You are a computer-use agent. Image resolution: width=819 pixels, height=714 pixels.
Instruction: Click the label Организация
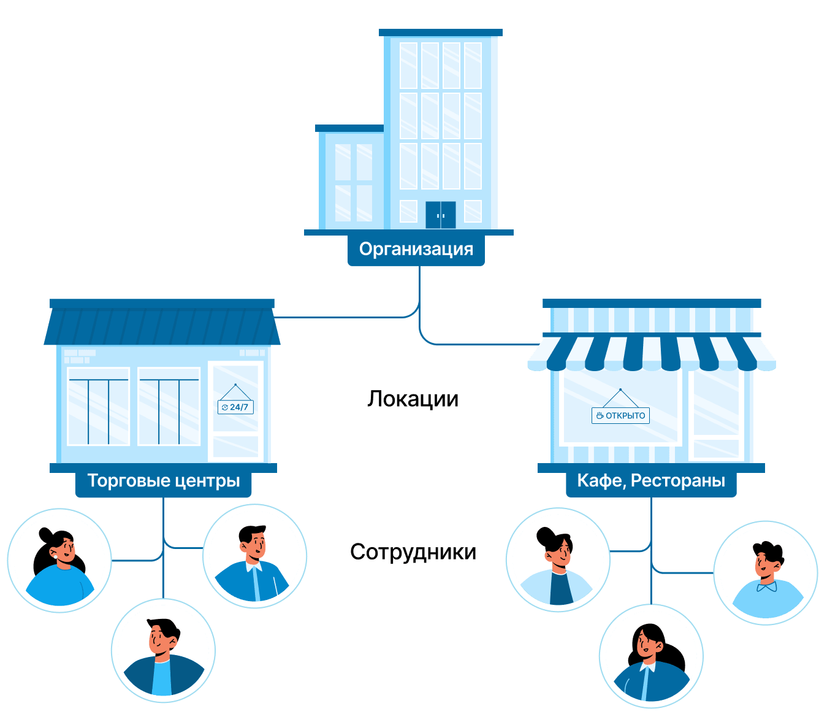coord(416,250)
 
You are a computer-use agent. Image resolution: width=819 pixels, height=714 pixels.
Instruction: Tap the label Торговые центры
coord(163,480)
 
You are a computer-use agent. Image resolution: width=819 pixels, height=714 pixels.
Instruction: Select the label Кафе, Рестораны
coord(651,480)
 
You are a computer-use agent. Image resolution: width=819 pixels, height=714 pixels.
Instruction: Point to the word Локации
coord(413,399)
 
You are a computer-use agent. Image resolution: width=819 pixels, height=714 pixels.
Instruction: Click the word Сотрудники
coord(413,552)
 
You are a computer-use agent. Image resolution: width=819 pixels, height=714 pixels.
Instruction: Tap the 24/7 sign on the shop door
coord(235,407)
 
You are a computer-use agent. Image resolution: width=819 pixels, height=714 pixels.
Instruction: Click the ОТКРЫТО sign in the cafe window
coord(620,415)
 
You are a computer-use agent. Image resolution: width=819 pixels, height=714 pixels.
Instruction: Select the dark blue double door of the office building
coord(440,215)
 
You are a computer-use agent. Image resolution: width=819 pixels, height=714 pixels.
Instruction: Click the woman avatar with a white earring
coord(59,560)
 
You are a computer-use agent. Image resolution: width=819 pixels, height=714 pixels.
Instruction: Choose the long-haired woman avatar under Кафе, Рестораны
coord(651,657)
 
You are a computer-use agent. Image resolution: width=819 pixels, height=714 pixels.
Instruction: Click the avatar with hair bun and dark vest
coord(558,560)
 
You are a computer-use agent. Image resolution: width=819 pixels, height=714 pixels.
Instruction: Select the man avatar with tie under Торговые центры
coord(254,556)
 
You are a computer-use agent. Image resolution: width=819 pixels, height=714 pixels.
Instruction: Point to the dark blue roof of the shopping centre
coord(162,325)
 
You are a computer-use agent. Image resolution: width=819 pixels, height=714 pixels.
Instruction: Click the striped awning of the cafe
coord(651,353)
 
